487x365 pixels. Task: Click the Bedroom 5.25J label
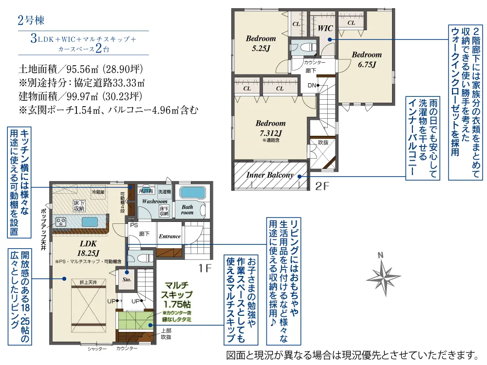tap(261, 43)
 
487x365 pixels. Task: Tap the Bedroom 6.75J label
tap(367, 59)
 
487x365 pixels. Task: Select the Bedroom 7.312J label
tap(270, 128)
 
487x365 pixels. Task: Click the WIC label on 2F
tap(325, 29)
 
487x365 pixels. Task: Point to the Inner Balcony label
tap(270, 175)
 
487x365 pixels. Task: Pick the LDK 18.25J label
tap(88, 248)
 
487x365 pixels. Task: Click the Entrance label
tap(170, 237)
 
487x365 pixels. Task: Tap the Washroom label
tap(155, 201)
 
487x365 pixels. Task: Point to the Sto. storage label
tap(126, 280)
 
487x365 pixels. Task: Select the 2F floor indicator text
tap(322, 185)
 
